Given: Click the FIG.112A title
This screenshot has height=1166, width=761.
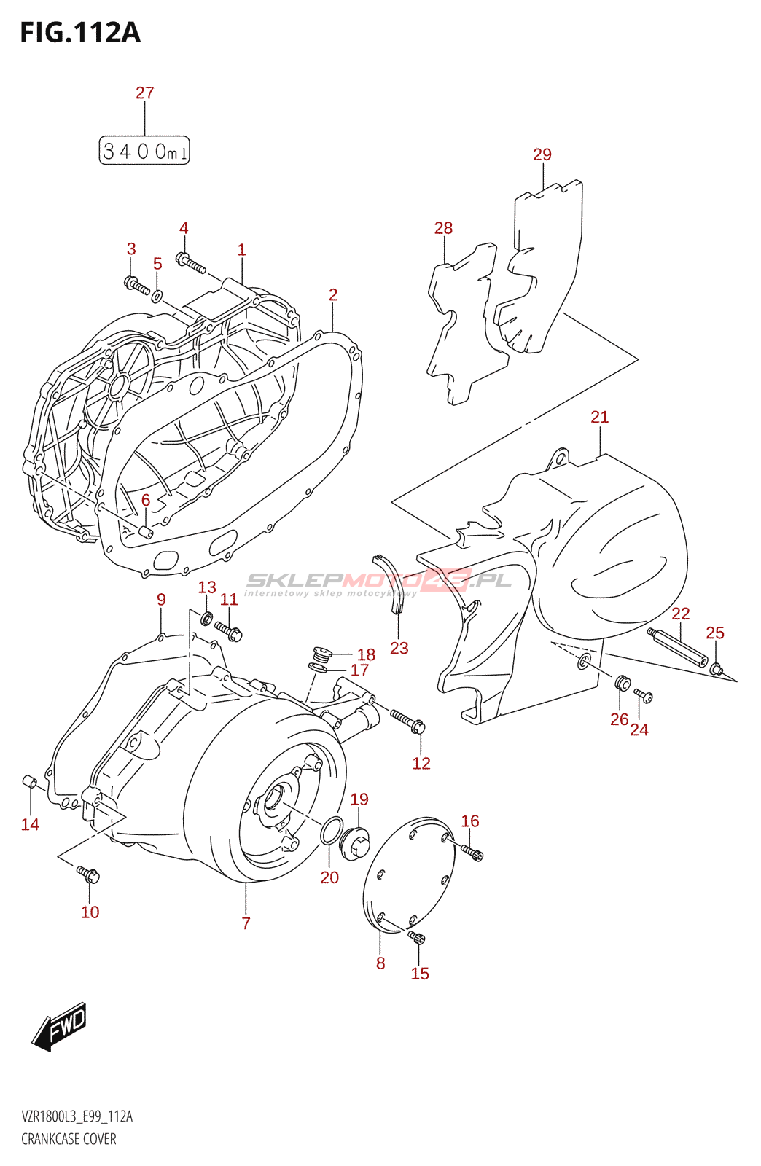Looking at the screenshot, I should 80,33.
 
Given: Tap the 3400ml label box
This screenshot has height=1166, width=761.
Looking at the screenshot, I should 144,151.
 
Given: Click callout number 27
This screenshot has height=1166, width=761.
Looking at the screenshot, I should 144,93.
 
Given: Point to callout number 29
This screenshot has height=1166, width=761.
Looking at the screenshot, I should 542,154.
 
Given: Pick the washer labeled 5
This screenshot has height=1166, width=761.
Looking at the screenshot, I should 157,296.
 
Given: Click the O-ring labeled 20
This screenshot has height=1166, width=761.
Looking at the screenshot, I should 332,830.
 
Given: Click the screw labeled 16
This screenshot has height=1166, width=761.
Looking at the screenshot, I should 472,851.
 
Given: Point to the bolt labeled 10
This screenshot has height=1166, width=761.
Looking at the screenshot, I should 88,874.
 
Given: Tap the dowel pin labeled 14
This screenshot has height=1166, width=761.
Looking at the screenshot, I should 30,783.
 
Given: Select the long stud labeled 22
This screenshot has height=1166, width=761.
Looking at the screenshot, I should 677,647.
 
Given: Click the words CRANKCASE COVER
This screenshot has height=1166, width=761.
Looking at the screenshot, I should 69,1139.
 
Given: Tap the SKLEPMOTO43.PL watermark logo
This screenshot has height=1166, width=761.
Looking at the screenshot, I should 379,581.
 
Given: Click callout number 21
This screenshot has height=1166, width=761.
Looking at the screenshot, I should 599,417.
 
